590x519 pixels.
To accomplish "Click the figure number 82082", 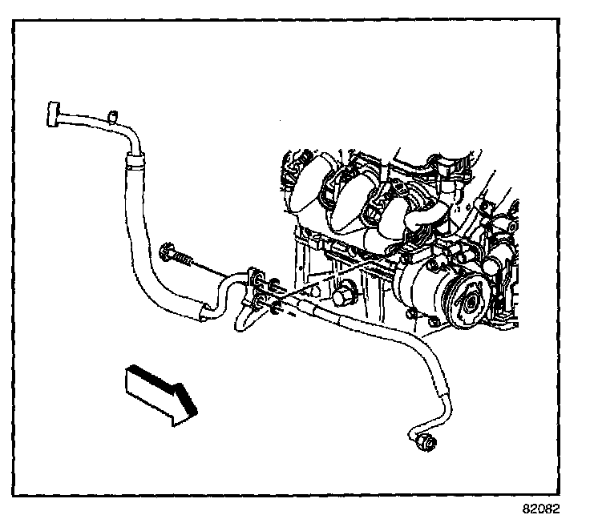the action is coord(543,508).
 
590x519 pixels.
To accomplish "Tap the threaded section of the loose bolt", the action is coord(185,259).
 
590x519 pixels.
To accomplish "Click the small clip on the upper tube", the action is coord(113,115).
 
